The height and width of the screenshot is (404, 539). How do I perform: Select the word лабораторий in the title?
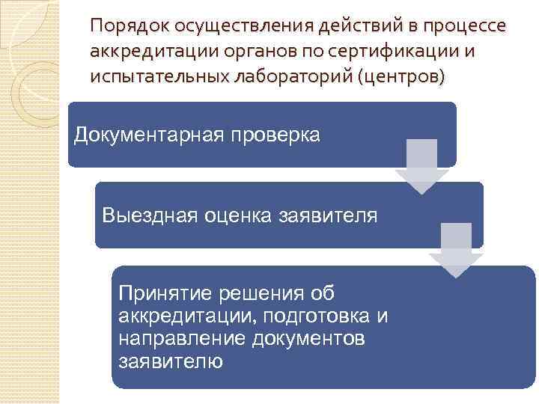click(274, 77)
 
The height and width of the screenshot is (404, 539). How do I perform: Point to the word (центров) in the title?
click(393, 77)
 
